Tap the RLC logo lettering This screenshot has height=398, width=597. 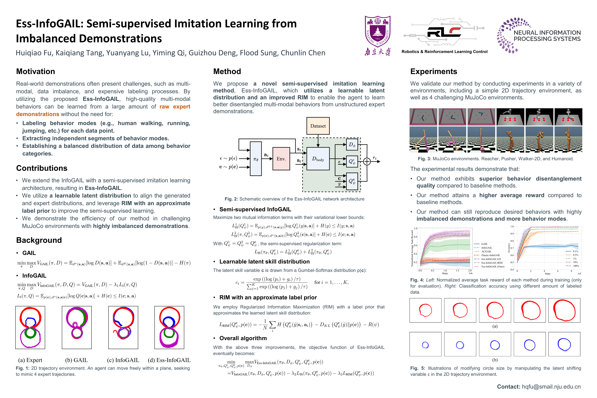444,32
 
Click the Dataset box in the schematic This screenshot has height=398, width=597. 318,126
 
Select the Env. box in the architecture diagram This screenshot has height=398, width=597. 281,159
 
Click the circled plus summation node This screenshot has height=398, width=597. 367,161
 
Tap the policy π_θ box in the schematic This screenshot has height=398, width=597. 256,159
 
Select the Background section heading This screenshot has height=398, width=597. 39,240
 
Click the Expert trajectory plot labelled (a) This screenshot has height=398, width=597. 30,327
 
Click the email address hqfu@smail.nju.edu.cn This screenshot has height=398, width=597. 551,387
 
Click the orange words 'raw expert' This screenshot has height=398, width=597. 175,107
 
